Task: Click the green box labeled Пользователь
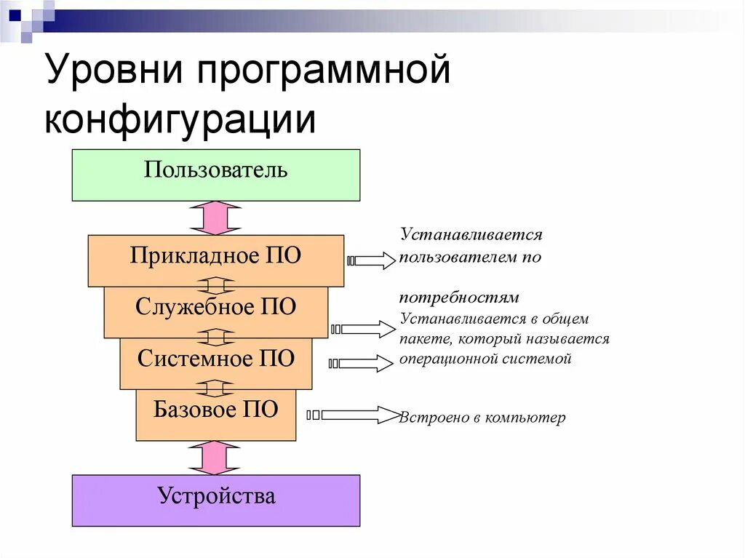coord(215,175)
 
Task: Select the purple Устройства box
coord(215,501)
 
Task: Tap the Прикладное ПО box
coord(215,260)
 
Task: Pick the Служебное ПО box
coord(215,311)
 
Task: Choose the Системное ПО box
coord(215,363)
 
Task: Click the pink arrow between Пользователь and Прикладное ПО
coord(215,218)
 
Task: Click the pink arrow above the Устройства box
coord(215,458)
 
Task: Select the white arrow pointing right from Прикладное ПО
coord(373,260)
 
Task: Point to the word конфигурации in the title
coord(180,120)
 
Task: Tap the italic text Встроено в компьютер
coord(482,418)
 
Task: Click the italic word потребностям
coord(458,298)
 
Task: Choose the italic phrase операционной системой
coord(485,359)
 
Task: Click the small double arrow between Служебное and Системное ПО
coord(215,338)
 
